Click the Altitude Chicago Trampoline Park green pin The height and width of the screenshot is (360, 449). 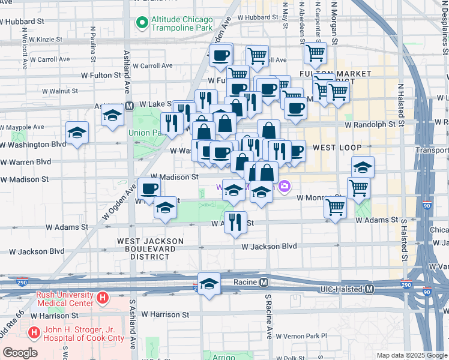tap(142, 23)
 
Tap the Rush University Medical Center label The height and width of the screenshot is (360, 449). tap(65, 298)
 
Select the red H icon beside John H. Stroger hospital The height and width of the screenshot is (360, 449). tap(34, 331)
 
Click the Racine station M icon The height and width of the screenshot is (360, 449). tap(264, 282)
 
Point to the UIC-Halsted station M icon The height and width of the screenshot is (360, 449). tap(370, 289)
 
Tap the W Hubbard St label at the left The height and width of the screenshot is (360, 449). tap(24, 20)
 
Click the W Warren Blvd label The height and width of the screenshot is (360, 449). tap(26, 161)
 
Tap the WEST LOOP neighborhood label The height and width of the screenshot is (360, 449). tap(337, 148)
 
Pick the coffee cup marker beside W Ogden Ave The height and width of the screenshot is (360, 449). tap(149, 188)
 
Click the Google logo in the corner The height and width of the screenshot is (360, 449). tap(20, 353)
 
